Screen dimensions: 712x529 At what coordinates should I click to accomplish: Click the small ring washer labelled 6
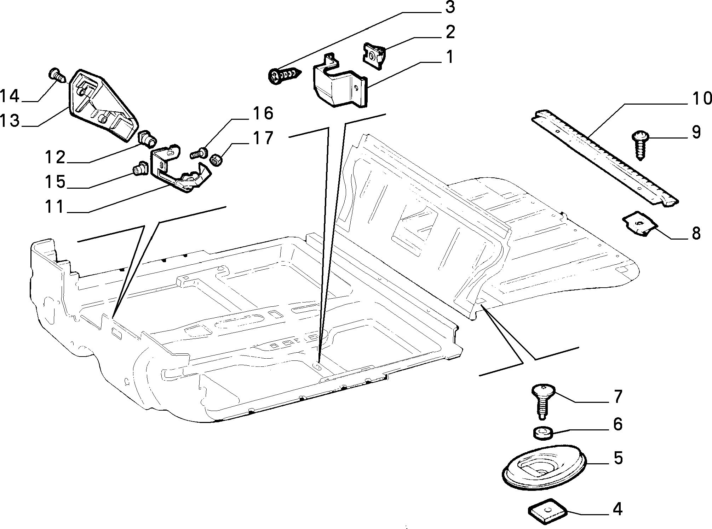click(540, 433)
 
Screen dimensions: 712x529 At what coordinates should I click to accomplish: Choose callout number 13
click(10, 121)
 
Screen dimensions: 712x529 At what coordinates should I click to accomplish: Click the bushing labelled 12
click(147, 139)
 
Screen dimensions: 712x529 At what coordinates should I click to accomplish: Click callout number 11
click(55, 207)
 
